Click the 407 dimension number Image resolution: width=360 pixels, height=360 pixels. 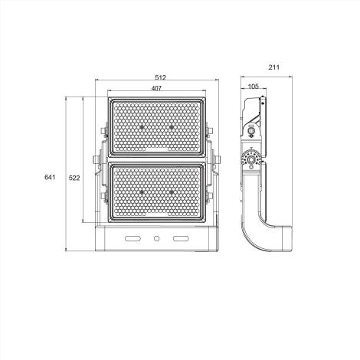[x=156, y=89]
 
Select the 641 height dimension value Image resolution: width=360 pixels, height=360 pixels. [x=50, y=178]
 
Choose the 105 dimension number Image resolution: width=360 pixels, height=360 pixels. [x=253, y=87]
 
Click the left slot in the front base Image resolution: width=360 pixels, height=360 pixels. [x=133, y=240]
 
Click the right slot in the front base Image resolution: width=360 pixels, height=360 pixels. [x=181, y=240]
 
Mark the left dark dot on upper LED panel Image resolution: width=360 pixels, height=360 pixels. [x=141, y=125]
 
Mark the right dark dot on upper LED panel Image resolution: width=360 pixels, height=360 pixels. [x=172, y=125]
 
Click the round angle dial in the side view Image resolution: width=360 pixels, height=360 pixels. [x=250, y=160]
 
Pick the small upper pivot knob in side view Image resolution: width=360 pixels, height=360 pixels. [x=250, y=133]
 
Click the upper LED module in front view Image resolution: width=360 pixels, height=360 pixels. [x=156, y=127]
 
